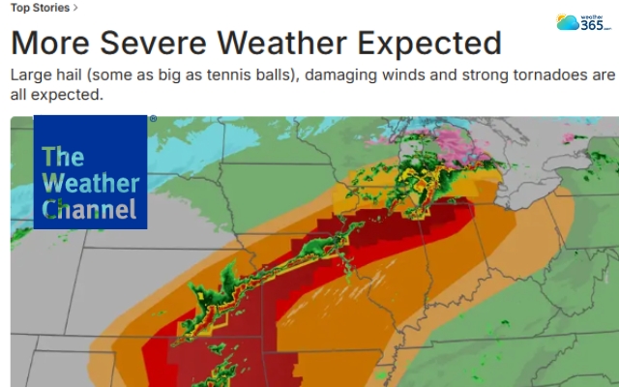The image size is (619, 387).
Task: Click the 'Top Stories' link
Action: [40, 8]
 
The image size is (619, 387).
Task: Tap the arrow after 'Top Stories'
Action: [76, 8]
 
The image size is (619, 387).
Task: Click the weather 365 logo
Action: [583, 22]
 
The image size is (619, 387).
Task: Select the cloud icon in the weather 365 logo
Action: [568, 23]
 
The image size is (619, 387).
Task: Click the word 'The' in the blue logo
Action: [63, 157]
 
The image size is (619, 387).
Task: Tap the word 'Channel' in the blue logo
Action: [89, 207]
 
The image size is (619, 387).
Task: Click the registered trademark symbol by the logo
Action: [152, 119]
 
